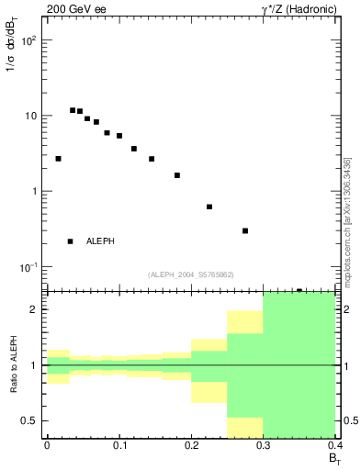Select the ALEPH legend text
[100, 241]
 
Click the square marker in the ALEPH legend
[71, 241]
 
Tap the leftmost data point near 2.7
[58, 159]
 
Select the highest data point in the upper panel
[73, 110]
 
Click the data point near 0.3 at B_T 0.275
[245, 230]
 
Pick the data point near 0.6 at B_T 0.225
[209, 207]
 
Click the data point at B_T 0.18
[177, 175]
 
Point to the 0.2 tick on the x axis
[191, 446]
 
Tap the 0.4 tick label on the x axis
[334, 446]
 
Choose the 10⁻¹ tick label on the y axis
[29, 267]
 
